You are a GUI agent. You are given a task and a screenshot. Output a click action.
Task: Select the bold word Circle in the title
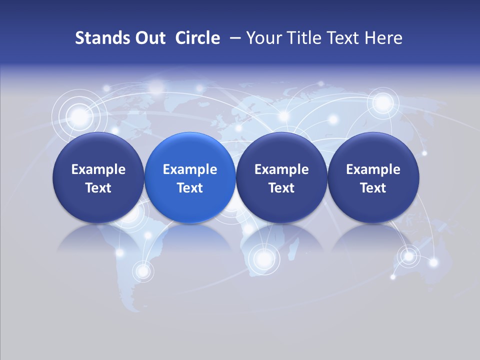197,38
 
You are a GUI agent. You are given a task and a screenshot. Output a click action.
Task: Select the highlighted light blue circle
190,177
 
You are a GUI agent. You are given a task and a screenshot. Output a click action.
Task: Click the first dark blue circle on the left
98,177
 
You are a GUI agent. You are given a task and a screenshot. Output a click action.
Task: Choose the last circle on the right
373,177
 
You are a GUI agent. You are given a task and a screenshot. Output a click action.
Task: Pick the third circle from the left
281,177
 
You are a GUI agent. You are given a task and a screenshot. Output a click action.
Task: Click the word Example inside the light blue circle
190,169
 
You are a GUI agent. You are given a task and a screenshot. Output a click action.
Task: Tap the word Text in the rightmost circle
373,188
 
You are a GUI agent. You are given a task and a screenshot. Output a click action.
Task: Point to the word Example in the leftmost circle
98,169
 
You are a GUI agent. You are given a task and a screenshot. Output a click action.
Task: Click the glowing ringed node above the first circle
79,117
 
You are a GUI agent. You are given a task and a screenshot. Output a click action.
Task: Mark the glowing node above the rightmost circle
383,103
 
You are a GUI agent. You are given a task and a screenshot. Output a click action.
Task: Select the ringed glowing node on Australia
409,256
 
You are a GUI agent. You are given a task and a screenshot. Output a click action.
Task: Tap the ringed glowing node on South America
143,271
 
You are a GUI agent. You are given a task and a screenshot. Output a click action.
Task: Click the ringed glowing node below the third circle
263,258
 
